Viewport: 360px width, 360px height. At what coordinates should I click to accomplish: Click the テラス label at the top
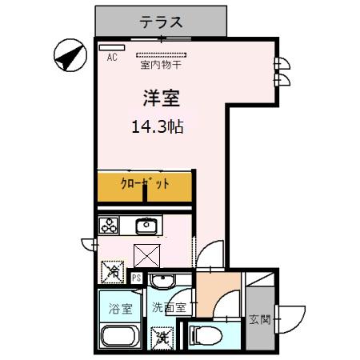pos(161,21)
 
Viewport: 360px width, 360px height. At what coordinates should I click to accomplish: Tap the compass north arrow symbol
pos(70,57)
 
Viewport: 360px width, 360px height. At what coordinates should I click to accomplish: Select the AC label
pos(112,58)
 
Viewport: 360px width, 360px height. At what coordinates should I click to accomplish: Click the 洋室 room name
pos(161,99)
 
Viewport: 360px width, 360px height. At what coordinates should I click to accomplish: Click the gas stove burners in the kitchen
pos(109,226)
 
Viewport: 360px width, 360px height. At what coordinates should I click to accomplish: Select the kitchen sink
pos(146,225)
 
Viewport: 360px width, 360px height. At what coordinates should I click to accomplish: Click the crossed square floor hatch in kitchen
pos(146,256)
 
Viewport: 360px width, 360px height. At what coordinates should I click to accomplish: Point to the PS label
pos(137,279)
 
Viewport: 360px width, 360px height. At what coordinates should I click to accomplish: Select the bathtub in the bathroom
pos(121,336)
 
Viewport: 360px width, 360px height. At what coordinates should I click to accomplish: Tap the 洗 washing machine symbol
pos(162,338)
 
